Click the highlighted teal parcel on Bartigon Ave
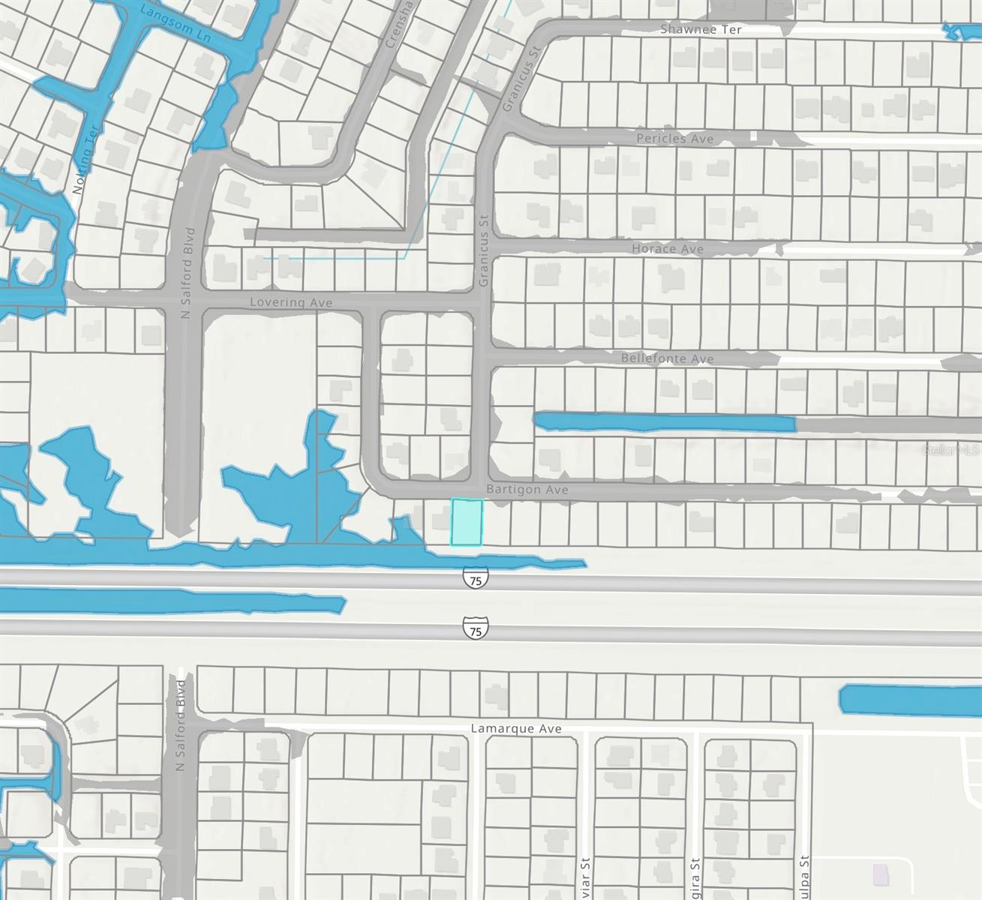coord(466,522)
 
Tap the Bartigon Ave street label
coord(527,490)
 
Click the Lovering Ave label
coord(291,302)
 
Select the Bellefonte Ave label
coord(667,359)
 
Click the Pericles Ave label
coord(674,139)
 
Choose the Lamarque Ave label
coord(515,728)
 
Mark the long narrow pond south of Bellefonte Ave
coord(664,423)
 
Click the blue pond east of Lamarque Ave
coord(909,699)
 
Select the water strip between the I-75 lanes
coord(173,600)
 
